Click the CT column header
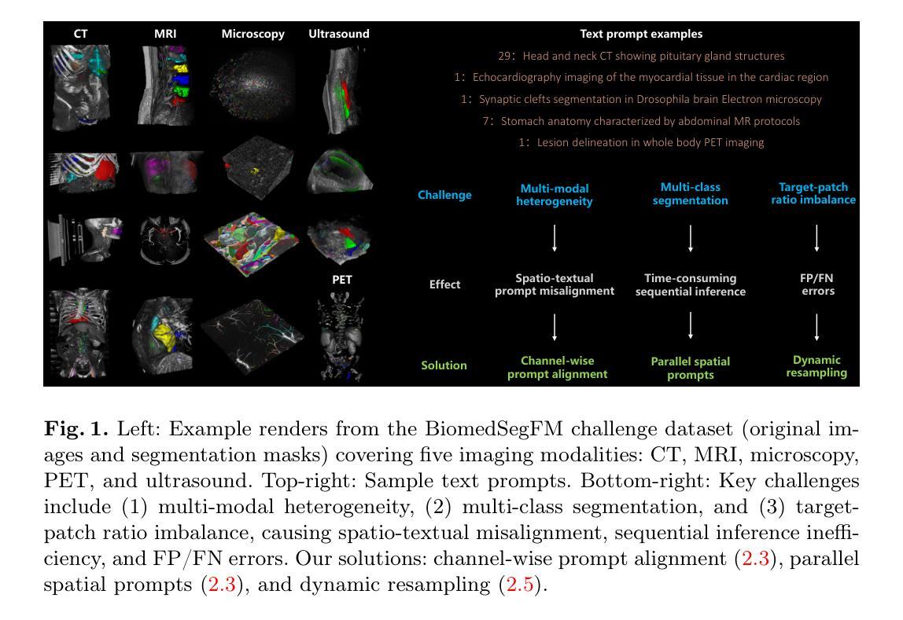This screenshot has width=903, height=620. [80, 34]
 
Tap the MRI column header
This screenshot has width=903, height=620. [165, 34]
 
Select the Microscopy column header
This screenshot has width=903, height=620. [252, 34]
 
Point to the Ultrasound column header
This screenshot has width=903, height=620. [338, 34]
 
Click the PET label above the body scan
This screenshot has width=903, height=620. [342, 279]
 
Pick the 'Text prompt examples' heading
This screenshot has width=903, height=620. [641, 34]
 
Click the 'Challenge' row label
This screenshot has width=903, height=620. [444, 195]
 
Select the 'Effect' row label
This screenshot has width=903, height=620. [444, 284]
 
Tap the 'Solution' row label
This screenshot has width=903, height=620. [444, 365]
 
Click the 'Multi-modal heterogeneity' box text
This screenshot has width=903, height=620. [554, 195]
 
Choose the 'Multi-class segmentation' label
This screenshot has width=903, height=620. [690, 194]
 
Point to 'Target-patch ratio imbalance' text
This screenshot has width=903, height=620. [816, 193]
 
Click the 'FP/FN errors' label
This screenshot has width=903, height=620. [817, 284]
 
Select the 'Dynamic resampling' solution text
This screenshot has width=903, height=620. [816, 366]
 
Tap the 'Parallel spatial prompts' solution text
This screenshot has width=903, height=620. [690, 368]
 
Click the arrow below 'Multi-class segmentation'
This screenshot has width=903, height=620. [690, 238]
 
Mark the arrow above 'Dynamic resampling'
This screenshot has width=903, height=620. [816, 327]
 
